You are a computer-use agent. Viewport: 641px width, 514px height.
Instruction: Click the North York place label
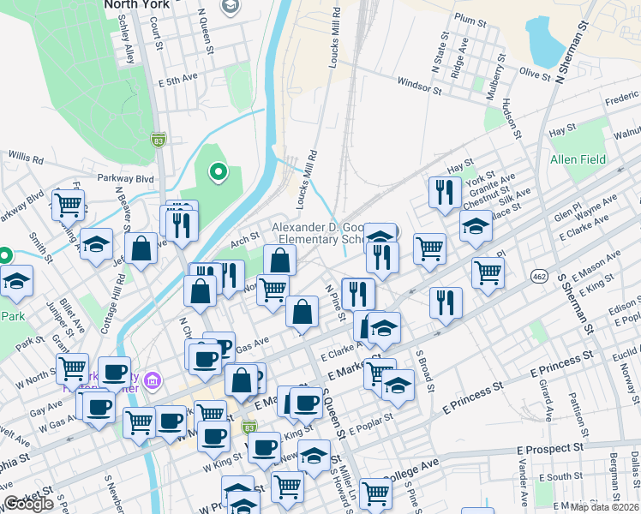click(x=138, y=5)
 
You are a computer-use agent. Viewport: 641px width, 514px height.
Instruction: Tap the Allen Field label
click(x=578, y=159)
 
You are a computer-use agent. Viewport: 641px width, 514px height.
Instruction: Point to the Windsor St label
click(x=420, y=87)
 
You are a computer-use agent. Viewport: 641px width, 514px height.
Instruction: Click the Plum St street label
click(x=470, y=18)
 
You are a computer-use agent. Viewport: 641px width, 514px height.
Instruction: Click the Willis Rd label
click(x=26, y=158)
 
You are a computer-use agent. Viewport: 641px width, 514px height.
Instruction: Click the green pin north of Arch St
click(x=219, y=173)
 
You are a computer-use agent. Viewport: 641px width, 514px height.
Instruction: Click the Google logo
click(x=28, y=504)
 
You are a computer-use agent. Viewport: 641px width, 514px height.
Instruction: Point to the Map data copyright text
click(x=605, y=507)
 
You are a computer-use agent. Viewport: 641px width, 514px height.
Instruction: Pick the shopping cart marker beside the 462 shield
click(x=488, y=273)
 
